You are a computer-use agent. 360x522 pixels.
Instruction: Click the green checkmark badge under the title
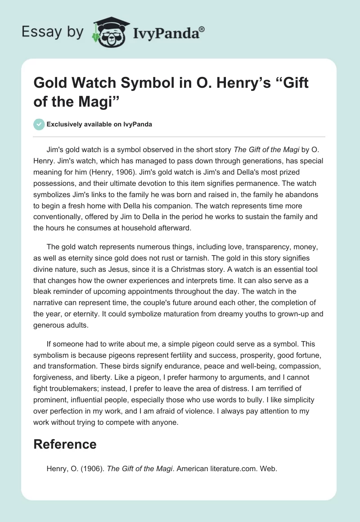39,125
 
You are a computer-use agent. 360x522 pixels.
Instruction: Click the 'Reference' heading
65,444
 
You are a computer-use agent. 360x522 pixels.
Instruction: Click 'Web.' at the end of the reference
268,468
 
